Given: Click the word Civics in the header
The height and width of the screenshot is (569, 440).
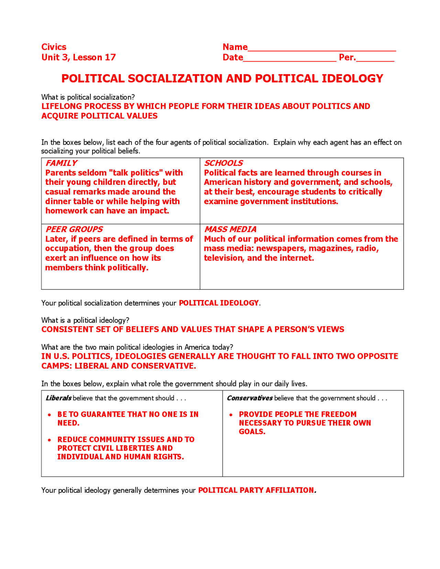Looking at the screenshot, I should pos(54,47).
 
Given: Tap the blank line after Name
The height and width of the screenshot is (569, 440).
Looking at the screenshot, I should pos(322,48).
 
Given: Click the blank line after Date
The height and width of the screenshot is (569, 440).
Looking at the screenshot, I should pos(289,58).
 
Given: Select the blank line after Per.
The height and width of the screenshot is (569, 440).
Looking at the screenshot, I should pos(375,58).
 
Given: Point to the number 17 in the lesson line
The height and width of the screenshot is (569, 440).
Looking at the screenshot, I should pos(110,57).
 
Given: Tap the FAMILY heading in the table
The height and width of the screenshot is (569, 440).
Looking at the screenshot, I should pos(61,163).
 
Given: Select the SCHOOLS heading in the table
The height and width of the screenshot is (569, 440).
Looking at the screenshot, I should pos(223,163).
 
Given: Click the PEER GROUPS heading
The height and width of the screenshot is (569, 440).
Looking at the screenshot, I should pos(74,229).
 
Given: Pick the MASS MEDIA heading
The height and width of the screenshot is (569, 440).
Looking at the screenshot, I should pos(230,229).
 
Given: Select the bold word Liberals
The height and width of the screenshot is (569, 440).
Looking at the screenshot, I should pos(58,398).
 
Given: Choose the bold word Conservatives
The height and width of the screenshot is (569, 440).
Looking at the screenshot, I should pos(250,398).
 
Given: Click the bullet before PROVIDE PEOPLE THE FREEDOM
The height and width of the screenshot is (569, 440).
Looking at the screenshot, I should pos(231,415).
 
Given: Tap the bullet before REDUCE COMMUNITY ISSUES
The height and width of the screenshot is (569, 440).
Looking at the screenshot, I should pos(50,440).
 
